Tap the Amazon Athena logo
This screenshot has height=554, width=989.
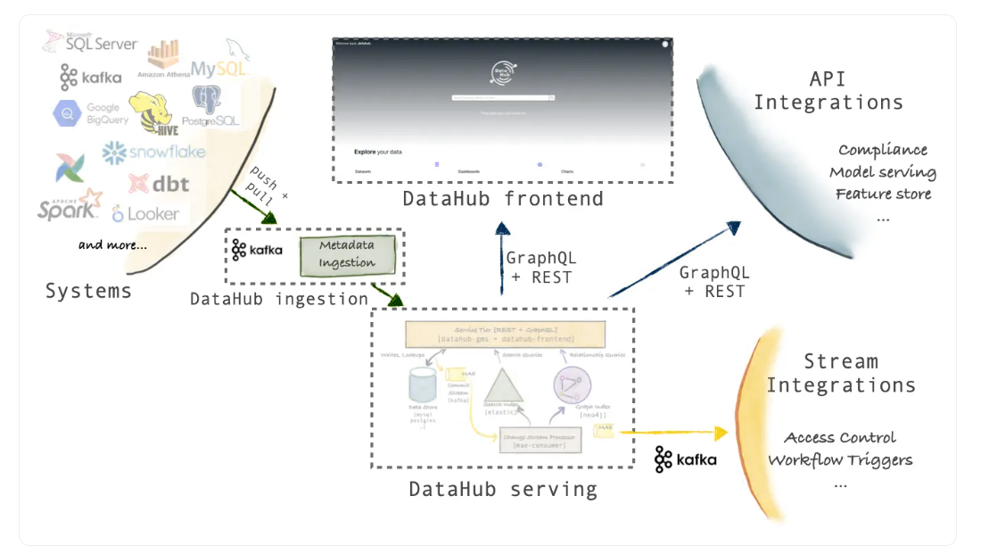coord(163,60)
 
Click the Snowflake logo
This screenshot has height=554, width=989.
coord(152,153)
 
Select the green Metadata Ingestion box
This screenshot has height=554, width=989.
coord(347,254)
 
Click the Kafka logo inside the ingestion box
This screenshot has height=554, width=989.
coord(257,250)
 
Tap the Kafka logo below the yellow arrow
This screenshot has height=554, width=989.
coord(685,459)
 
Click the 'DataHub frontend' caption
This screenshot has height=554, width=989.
coord(502,198)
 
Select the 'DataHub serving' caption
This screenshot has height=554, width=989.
coord(503,489)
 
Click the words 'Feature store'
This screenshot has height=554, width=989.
coord(883,194)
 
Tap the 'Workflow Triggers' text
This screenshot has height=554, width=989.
coord(840,460)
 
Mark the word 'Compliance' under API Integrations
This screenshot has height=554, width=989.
coord(882,150)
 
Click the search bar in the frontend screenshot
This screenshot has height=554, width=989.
coord(503,97)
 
